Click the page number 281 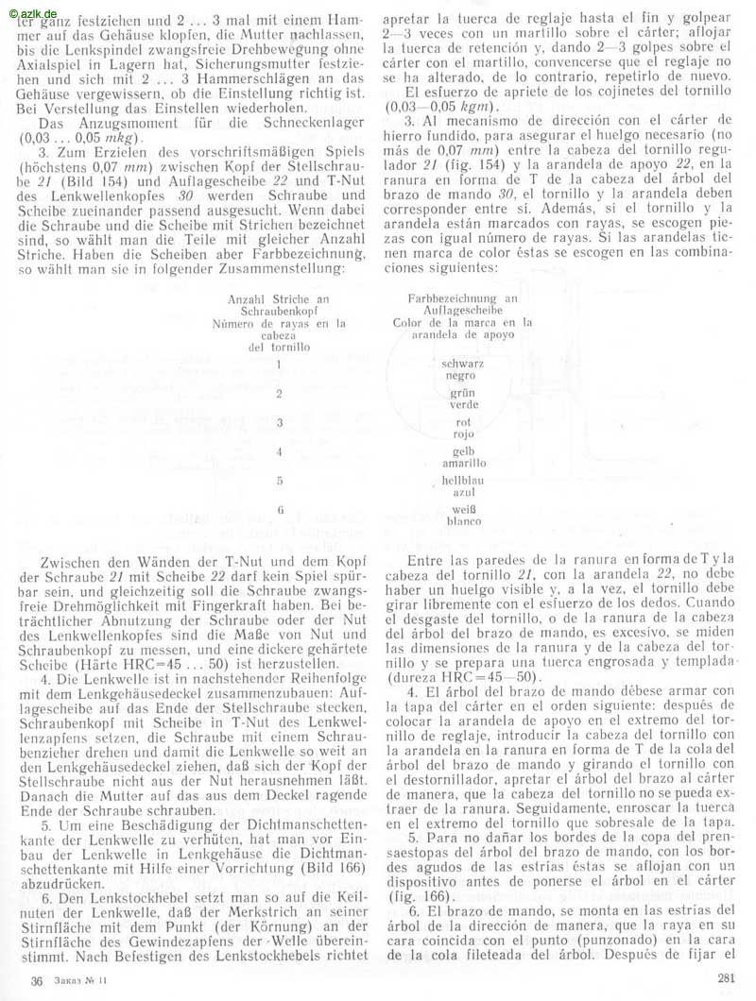727,977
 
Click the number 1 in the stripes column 281,365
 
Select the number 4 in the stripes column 281,452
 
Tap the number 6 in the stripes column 281,511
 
